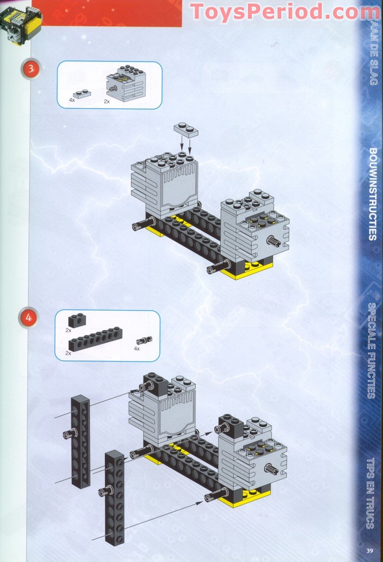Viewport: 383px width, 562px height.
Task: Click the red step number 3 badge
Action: [x=31, y=68]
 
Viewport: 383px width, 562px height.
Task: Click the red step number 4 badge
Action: [x=29, y=317]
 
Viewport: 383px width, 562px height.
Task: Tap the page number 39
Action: [x=370, y=551]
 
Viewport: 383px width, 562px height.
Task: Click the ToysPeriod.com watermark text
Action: [x=285, y=12]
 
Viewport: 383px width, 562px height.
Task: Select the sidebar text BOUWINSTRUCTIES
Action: [x=372, y=194]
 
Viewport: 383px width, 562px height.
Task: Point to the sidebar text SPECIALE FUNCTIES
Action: [x=372, y=351]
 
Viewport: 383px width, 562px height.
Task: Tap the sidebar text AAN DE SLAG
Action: [x=373, y=54]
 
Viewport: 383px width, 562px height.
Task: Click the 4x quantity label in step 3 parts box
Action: [x=72, y=100]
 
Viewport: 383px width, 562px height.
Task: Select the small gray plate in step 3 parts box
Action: [x=82, y=93]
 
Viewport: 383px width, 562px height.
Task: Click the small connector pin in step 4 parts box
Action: [x=144, y=340]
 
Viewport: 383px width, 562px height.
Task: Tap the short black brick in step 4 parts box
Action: [x=77, y=320]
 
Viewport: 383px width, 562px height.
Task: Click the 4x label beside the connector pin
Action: [x=136, y=348]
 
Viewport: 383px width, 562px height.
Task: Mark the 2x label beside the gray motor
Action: [x=106, y=101]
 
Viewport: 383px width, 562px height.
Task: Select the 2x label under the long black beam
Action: [x=68, y=353]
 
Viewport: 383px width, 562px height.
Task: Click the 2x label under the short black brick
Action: [x=68, y=330]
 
